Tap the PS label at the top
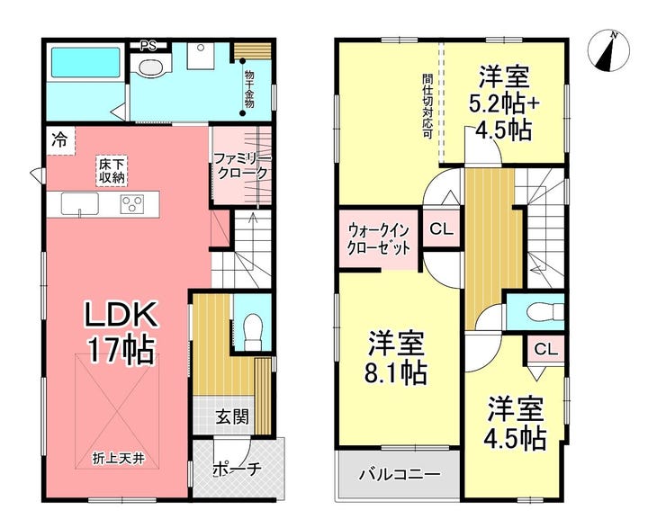[x=148, y=45]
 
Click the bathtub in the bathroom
[x=85, y=62]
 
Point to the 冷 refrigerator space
[x=60, y=140]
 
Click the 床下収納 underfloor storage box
[x=112, y=171]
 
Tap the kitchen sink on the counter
[x=79, y=203]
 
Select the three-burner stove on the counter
[x=133, y=203]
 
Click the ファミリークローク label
[x=241, y=166]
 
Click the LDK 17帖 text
[x=121, y=332]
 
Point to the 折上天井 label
[x=119, y=459]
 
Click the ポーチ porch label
[x=236, y=469]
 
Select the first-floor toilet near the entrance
[x=254, y=333]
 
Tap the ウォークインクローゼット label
[x=379, y=239]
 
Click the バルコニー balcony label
[x=400, y=474]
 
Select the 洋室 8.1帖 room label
[x=396, y=357]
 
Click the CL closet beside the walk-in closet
[x=442, y=229]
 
